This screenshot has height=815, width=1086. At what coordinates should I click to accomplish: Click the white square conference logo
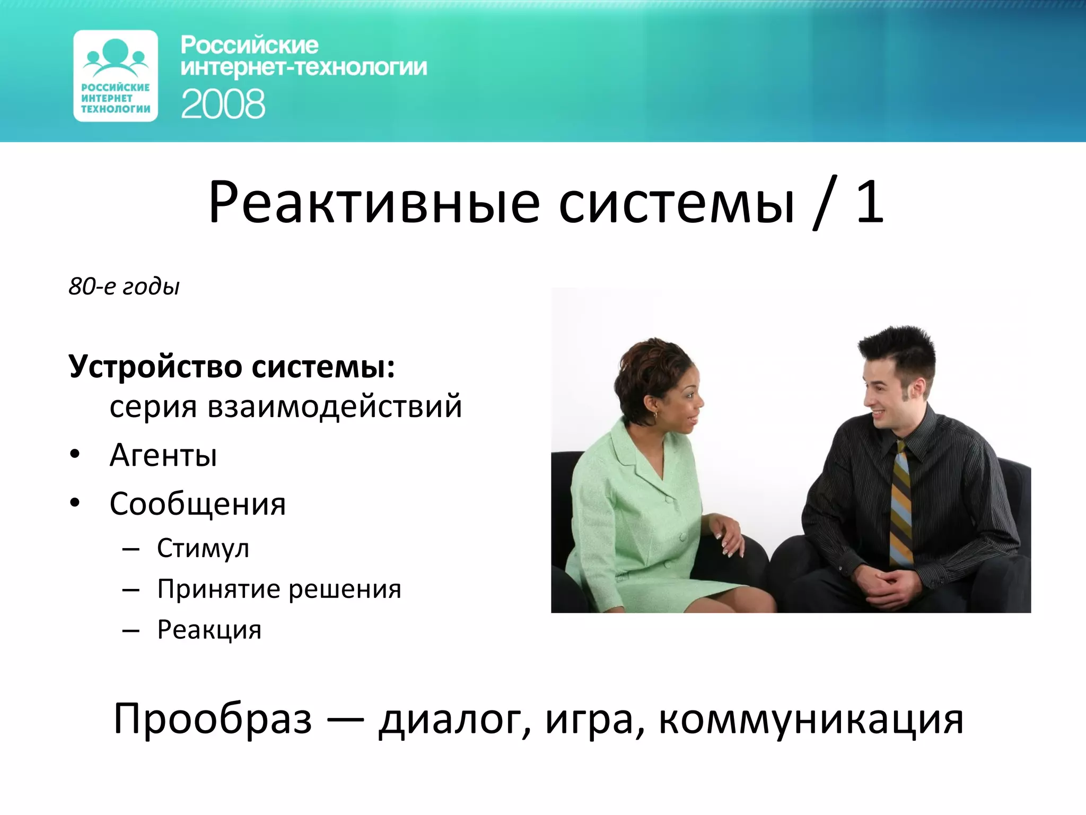click(116, 76)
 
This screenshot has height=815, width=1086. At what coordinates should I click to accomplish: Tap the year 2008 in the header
click(223, 104)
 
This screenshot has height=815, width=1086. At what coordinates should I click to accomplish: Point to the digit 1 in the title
click(870, 202)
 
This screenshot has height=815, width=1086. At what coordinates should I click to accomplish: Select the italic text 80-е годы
click(124, 287)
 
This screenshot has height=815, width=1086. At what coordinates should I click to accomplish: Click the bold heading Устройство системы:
click(232, 367)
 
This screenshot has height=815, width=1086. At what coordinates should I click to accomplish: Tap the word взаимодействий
click(335, 406)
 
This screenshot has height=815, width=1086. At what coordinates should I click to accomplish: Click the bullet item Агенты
click(163, 455)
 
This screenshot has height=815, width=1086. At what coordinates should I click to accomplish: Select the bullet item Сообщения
click(197, 504)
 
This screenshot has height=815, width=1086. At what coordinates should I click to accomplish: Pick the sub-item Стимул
click(203, 549)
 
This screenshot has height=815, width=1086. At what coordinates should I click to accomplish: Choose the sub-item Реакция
click(209, 630)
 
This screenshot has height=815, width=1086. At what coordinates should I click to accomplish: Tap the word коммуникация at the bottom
click(811, 720)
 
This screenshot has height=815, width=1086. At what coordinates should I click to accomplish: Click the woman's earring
click(655, 415)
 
